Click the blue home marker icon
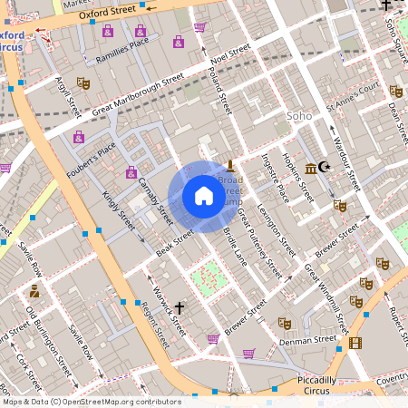coord(203,196)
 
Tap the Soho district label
coord(298,116)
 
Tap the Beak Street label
coord(175,241)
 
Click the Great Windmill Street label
coord(326,298)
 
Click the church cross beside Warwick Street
coord(179,308)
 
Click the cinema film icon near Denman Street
coord(355,343)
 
